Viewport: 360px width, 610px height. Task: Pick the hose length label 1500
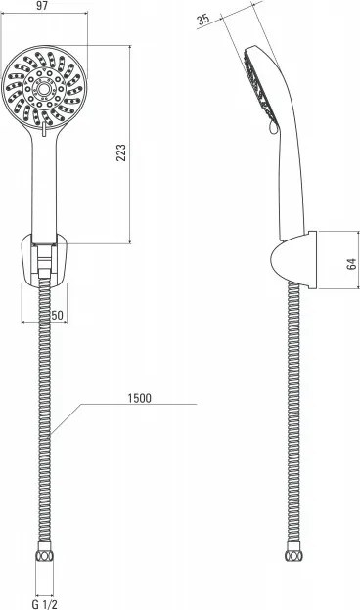(140, 398)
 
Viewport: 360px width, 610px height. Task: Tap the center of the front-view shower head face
(43, 91)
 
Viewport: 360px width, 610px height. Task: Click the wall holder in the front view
(43, 260)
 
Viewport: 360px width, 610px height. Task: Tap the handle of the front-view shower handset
(43, 186)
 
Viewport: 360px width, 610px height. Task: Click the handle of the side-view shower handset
(288, 186)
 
